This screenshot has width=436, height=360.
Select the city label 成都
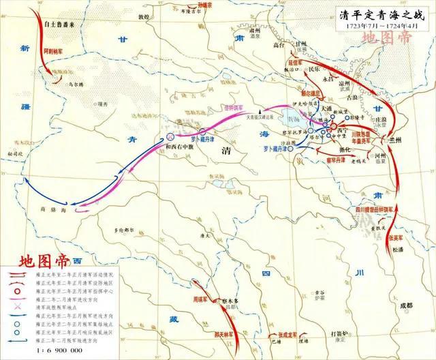coord(407,305)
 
